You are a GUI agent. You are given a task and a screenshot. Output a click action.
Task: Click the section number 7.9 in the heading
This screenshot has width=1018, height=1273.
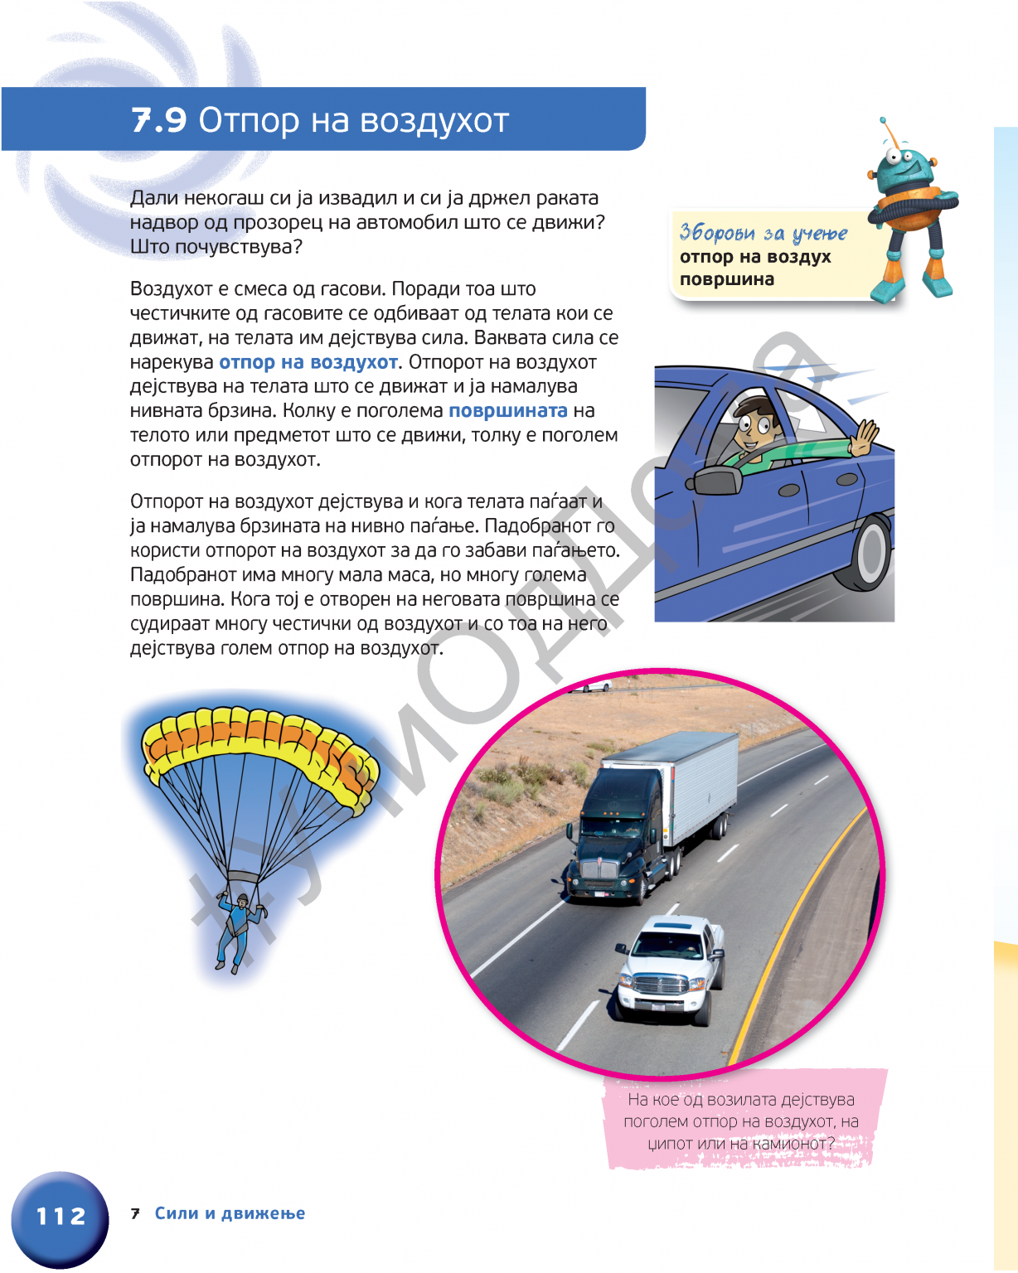[x=159, y=121]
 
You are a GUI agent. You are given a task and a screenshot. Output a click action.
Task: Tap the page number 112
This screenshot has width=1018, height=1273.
[x=61, y=1216]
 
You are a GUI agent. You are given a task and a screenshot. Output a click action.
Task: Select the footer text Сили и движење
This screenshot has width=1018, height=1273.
[x=230, y=1213]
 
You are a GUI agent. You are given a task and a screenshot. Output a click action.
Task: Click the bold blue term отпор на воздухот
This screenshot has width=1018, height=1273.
[x=308, y=362]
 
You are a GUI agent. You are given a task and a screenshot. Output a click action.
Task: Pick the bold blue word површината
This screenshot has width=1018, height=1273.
[x=507, y=411]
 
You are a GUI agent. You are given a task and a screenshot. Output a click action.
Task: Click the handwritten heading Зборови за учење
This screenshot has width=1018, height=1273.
[x=763, y=233]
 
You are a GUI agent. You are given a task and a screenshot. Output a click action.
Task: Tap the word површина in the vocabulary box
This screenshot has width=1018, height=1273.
[x=727, y=279]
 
